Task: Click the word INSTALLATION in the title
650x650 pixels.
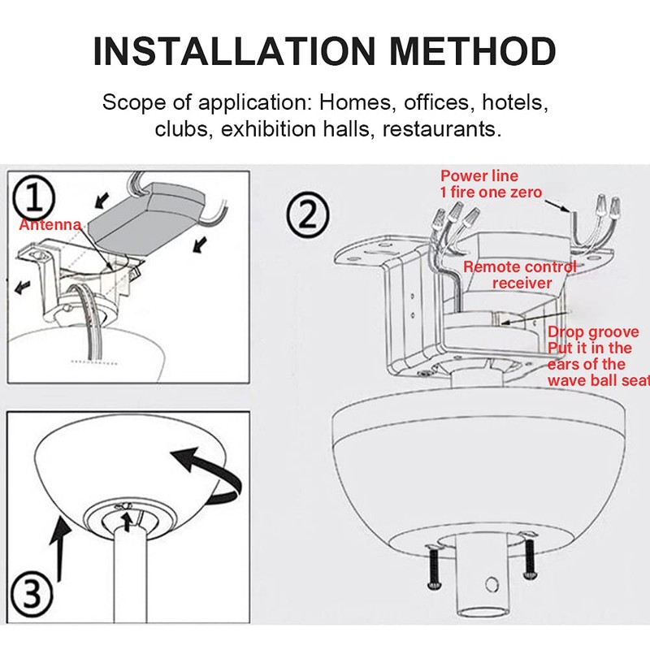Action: (229, 51)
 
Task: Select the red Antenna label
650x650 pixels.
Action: (50, 224)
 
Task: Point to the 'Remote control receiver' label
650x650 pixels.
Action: (520, 275)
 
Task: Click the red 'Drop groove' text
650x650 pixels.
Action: (593, 332)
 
